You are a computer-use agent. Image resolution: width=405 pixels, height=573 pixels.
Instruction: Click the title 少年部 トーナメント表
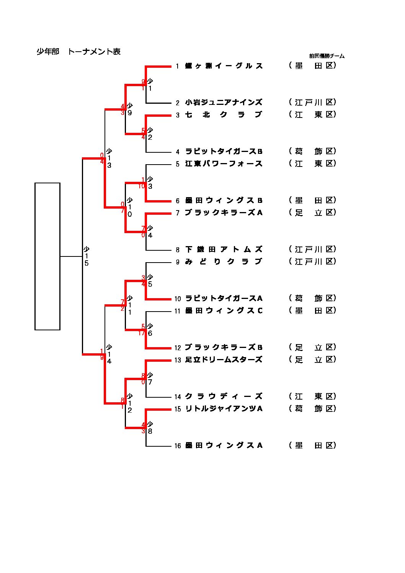(78, 52)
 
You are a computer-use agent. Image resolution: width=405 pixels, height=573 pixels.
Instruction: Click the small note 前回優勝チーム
(327, 56)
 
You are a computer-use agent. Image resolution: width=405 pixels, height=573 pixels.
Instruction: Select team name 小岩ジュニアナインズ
(224, 103)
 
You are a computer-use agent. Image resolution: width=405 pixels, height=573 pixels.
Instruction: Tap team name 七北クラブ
(224, 115)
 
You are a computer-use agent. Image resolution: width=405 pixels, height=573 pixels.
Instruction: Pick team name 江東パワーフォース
(224, 164)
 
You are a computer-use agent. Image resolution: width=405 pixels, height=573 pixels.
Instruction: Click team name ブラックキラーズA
(224, 213)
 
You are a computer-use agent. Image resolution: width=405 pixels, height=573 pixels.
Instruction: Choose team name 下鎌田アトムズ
(224, 250)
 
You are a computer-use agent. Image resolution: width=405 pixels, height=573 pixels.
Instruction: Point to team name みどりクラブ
(224, 262)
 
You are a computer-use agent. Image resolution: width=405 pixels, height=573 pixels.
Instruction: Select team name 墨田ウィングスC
(224, 311)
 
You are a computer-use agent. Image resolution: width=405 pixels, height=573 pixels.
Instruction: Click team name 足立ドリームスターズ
(224, 360)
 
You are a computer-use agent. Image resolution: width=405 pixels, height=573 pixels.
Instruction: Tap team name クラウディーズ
(224, 397)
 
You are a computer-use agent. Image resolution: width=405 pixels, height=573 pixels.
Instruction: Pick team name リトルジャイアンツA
(224, 409)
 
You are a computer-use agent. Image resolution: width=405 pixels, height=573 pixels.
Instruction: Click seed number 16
(178, 446)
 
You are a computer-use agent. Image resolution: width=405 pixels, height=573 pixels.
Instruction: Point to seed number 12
(178, 348)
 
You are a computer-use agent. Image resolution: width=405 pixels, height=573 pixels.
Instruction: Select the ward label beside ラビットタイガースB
(312, 152)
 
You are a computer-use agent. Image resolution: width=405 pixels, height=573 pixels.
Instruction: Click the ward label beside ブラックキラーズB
(312, 348)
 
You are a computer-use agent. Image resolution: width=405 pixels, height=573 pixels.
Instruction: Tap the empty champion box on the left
(47, 256)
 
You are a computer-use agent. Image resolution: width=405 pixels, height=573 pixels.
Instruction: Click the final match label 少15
(87, 256)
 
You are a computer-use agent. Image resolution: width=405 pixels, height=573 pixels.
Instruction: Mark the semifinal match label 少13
(109, 158)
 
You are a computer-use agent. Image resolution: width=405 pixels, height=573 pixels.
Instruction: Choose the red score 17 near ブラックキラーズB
(142, 333)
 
